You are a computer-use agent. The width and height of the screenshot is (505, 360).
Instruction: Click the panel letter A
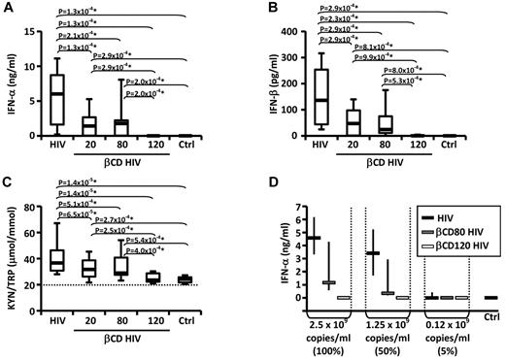[x=7, y=9]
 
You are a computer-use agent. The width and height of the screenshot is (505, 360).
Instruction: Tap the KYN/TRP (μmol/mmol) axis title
[x=14, y=245]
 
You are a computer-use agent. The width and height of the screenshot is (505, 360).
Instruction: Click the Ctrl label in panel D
[x=489, y=318]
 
